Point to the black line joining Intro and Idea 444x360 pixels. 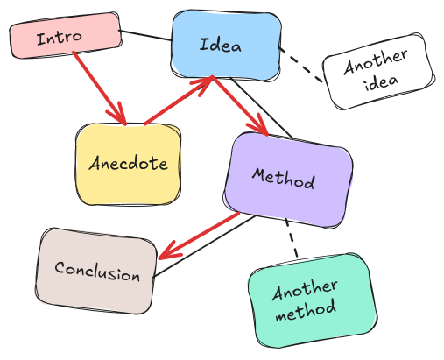[144, 36]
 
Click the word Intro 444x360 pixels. [60, 38]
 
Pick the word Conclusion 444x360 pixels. [96, 271]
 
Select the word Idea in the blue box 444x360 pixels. [221, 45]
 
